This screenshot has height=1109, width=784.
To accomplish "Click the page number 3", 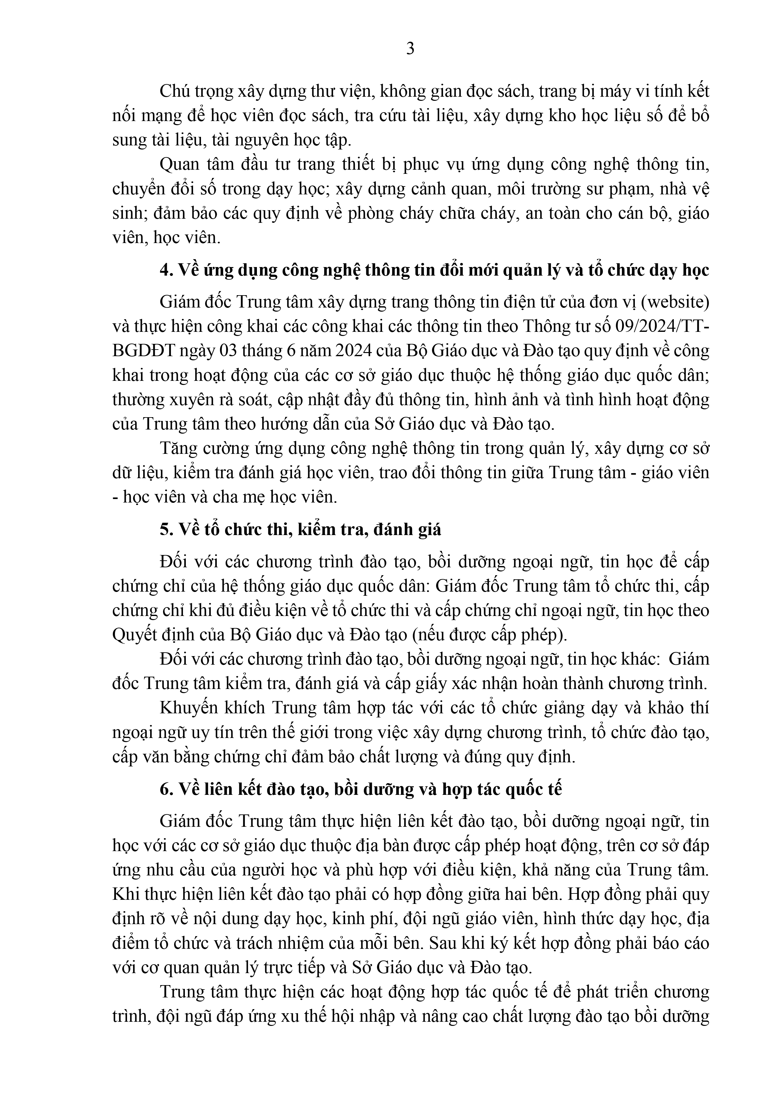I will [410, 49].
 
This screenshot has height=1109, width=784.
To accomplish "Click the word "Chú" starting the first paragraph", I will [173, 90].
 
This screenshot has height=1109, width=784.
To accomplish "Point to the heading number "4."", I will [167, 271].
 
